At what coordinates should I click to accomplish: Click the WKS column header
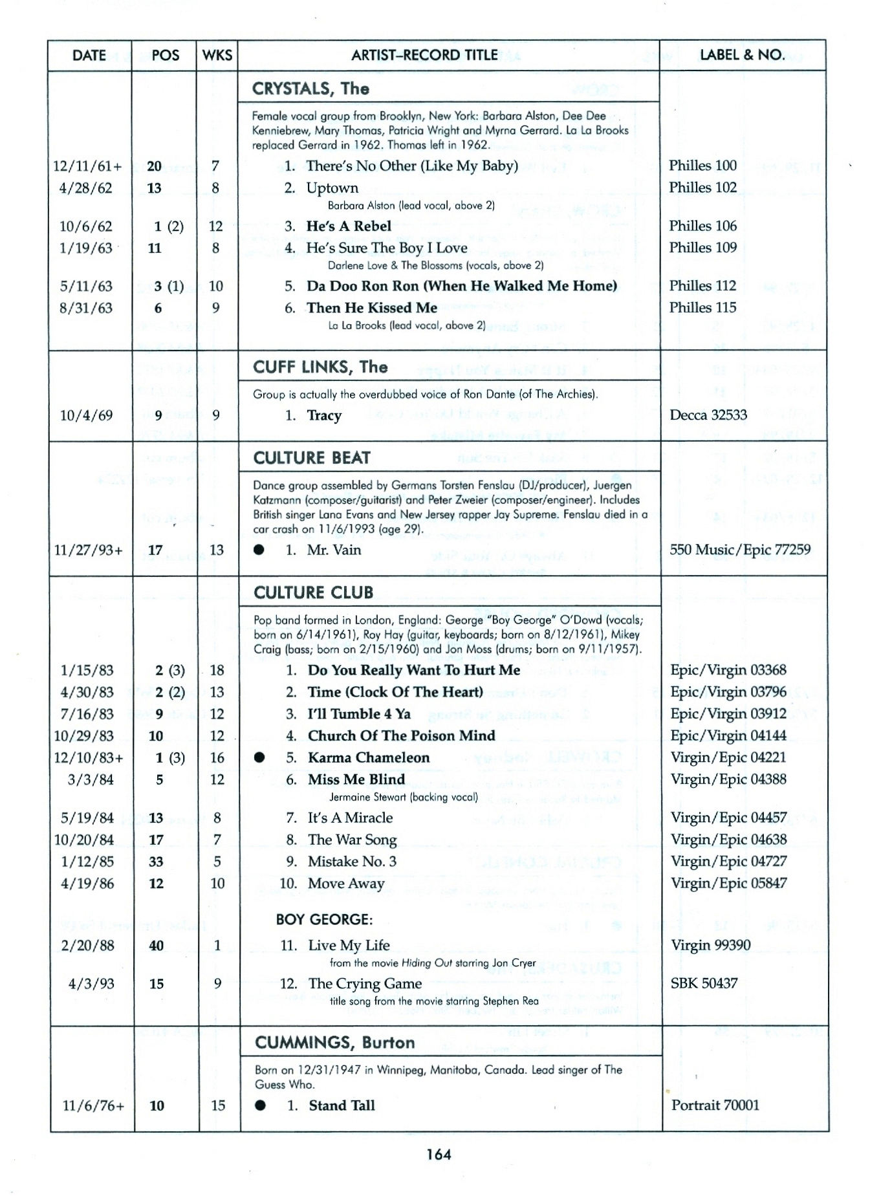pyautogui.click(x=217, y=56)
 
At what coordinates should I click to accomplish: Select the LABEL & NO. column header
pyautogui.click(x=742, y=55)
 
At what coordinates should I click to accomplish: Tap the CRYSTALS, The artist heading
pyautogui.click(x=310, y=89)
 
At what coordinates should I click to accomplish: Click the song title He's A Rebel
pyautogui.click(x=349, y=226)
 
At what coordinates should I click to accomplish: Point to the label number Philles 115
pyautogui.click(x=702, y=308)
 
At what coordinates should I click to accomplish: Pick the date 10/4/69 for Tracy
pyautogui.click(x=86, y=415)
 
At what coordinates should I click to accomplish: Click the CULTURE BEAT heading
pyautogui.click(x=312, y=458)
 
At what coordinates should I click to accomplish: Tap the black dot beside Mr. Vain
pyautogui.click(x=259, y=550)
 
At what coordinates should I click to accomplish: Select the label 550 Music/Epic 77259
pyautogui.click(x=740, y=550)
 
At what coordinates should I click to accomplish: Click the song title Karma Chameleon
pyautogui.click(x=369, y=757)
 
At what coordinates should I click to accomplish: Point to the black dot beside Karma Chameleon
pyautogui.click(x=259, y=757)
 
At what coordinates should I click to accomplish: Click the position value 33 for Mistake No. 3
pyautogui.click(x=156, y=862)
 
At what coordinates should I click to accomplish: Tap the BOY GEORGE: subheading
pyautogui.click(x=324, y=919)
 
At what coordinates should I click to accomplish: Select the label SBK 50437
pyautogui.click(x=704, y=983)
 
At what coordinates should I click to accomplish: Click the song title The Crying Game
pyautogui.click(x=365, y=984)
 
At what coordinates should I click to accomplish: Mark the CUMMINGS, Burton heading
pyautogui.click(x=334, y=1043)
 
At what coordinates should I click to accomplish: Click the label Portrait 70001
pyautogui.click(x=715, y=1105)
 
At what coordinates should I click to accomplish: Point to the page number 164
pyautogui.click(x=439, y=1154)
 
